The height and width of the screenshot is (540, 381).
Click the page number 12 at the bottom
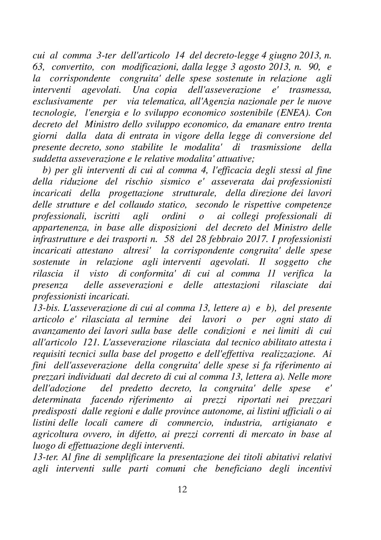coord(182,489)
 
